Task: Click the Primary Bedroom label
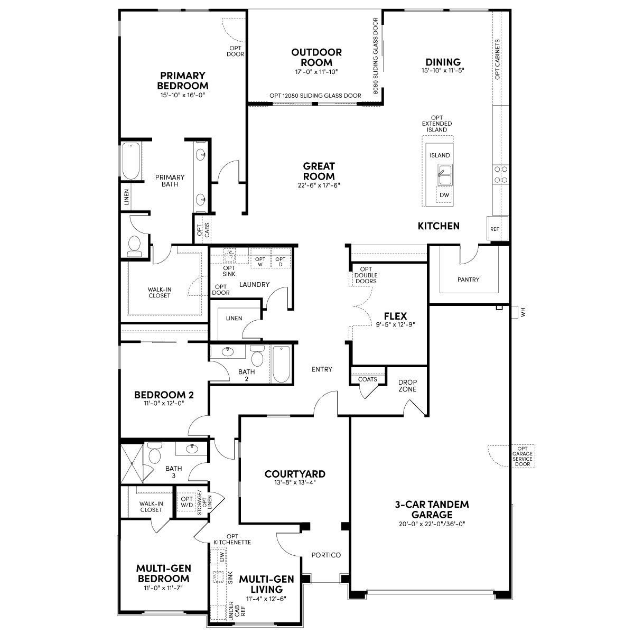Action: tap(183, 81)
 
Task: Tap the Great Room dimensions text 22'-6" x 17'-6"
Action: tap(319, 185)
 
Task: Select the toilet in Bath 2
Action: tap(257, 356)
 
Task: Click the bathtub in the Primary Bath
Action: tap(132, 161)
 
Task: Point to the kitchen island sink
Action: tap(445, 175)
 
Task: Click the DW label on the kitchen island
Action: tap(444, 195)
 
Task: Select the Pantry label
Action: tap(468, 279)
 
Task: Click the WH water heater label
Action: tap(524, 312)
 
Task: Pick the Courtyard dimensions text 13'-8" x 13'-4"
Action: tap(295, 482)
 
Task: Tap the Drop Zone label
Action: tap(407, 386)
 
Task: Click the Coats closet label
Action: tap(368, 379)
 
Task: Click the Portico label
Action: tap(326, 555)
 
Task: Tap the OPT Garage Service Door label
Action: tap(523, 456)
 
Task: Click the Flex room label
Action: tap(396, 316)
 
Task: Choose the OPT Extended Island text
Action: tap(437, 124)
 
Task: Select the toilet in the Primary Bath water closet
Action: tap(135, 246)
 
